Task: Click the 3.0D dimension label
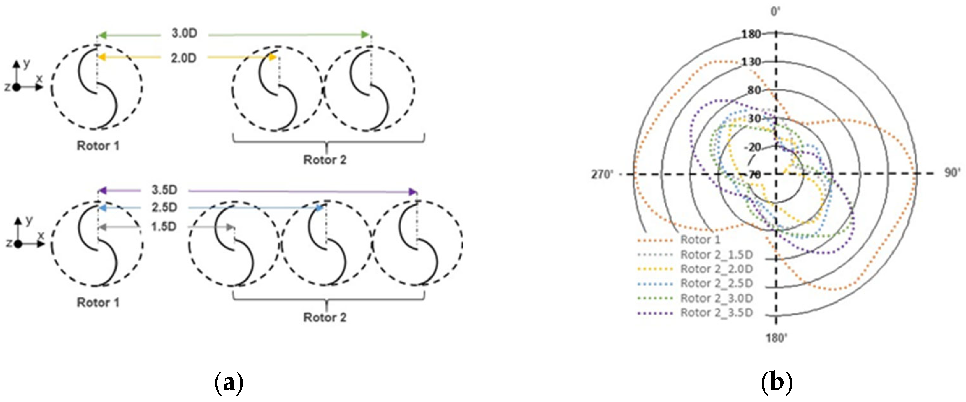pyautogui.click(x=185, y=33)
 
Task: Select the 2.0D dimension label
pyautogui.click(x=184, y=58)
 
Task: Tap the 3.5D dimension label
pyautogui.click(x=164, y=190)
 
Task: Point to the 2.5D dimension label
pyautogui.click(x=164, y=207)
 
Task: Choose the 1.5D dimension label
pyautogui.click(x=164, y=227)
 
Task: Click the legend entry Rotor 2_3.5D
pyautogui.click(x=717, y=313)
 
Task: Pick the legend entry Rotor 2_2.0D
pyautogui.click(x=717, y=269)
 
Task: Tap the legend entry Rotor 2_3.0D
pyautogui.click(x=717, y=298)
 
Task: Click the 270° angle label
pyautogui.click(x=602, y=175)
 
